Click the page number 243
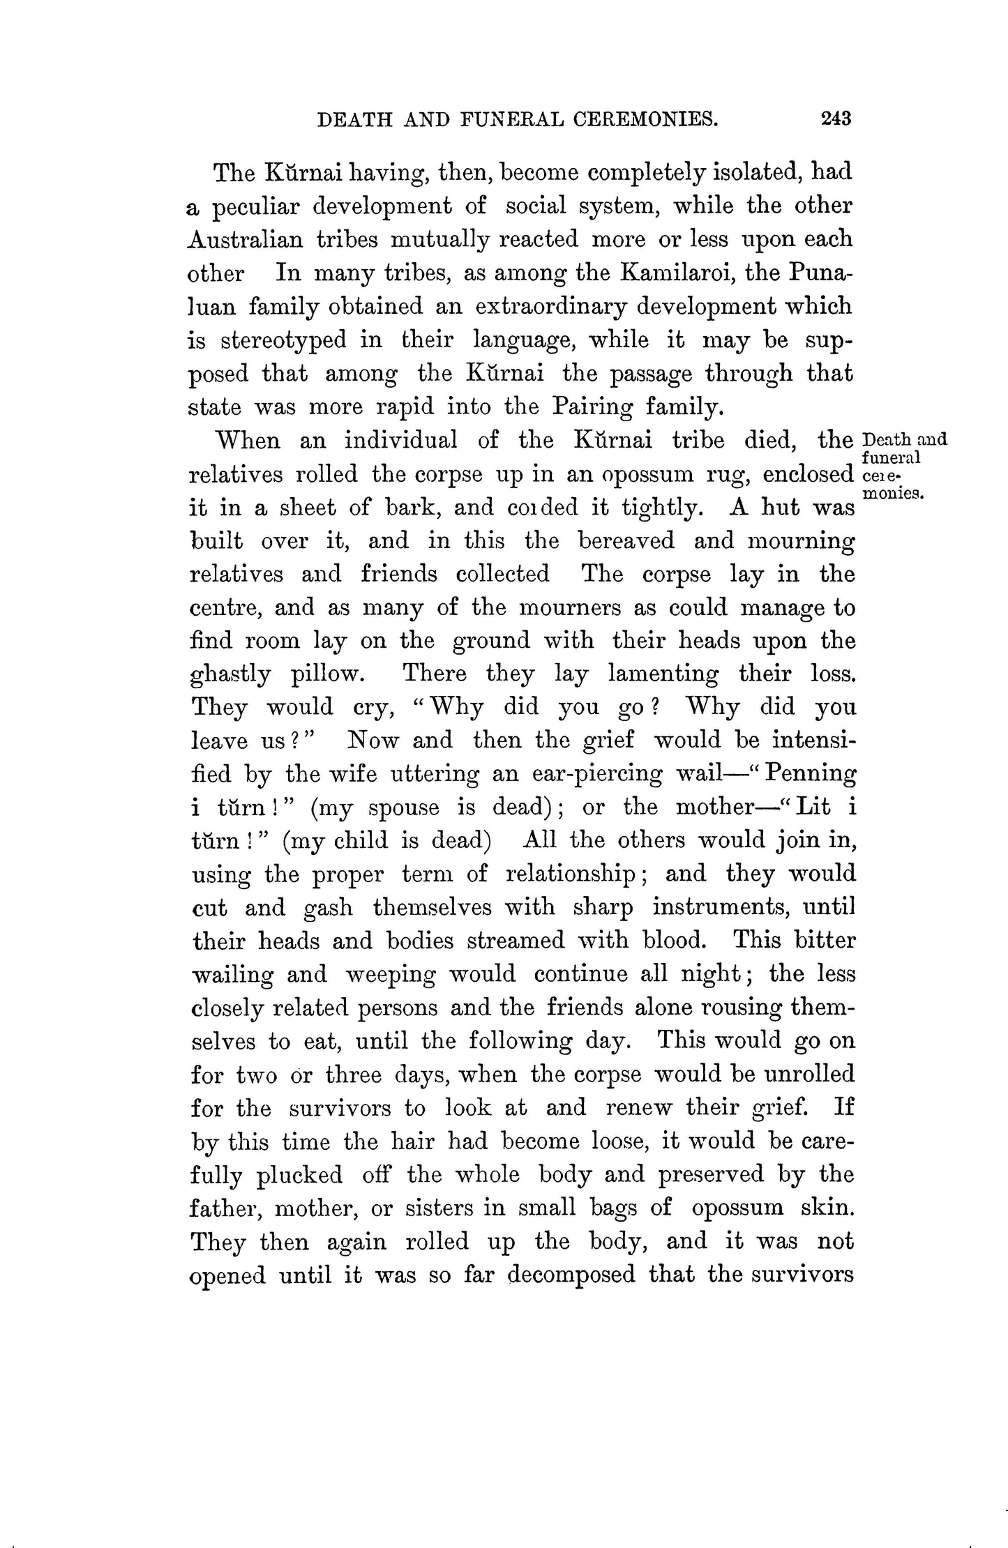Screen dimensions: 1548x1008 click(836, 119)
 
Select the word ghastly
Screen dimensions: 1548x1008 click(230, 675)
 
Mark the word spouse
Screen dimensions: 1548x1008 click(404, 807)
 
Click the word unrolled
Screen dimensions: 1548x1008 click(809, 1074)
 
